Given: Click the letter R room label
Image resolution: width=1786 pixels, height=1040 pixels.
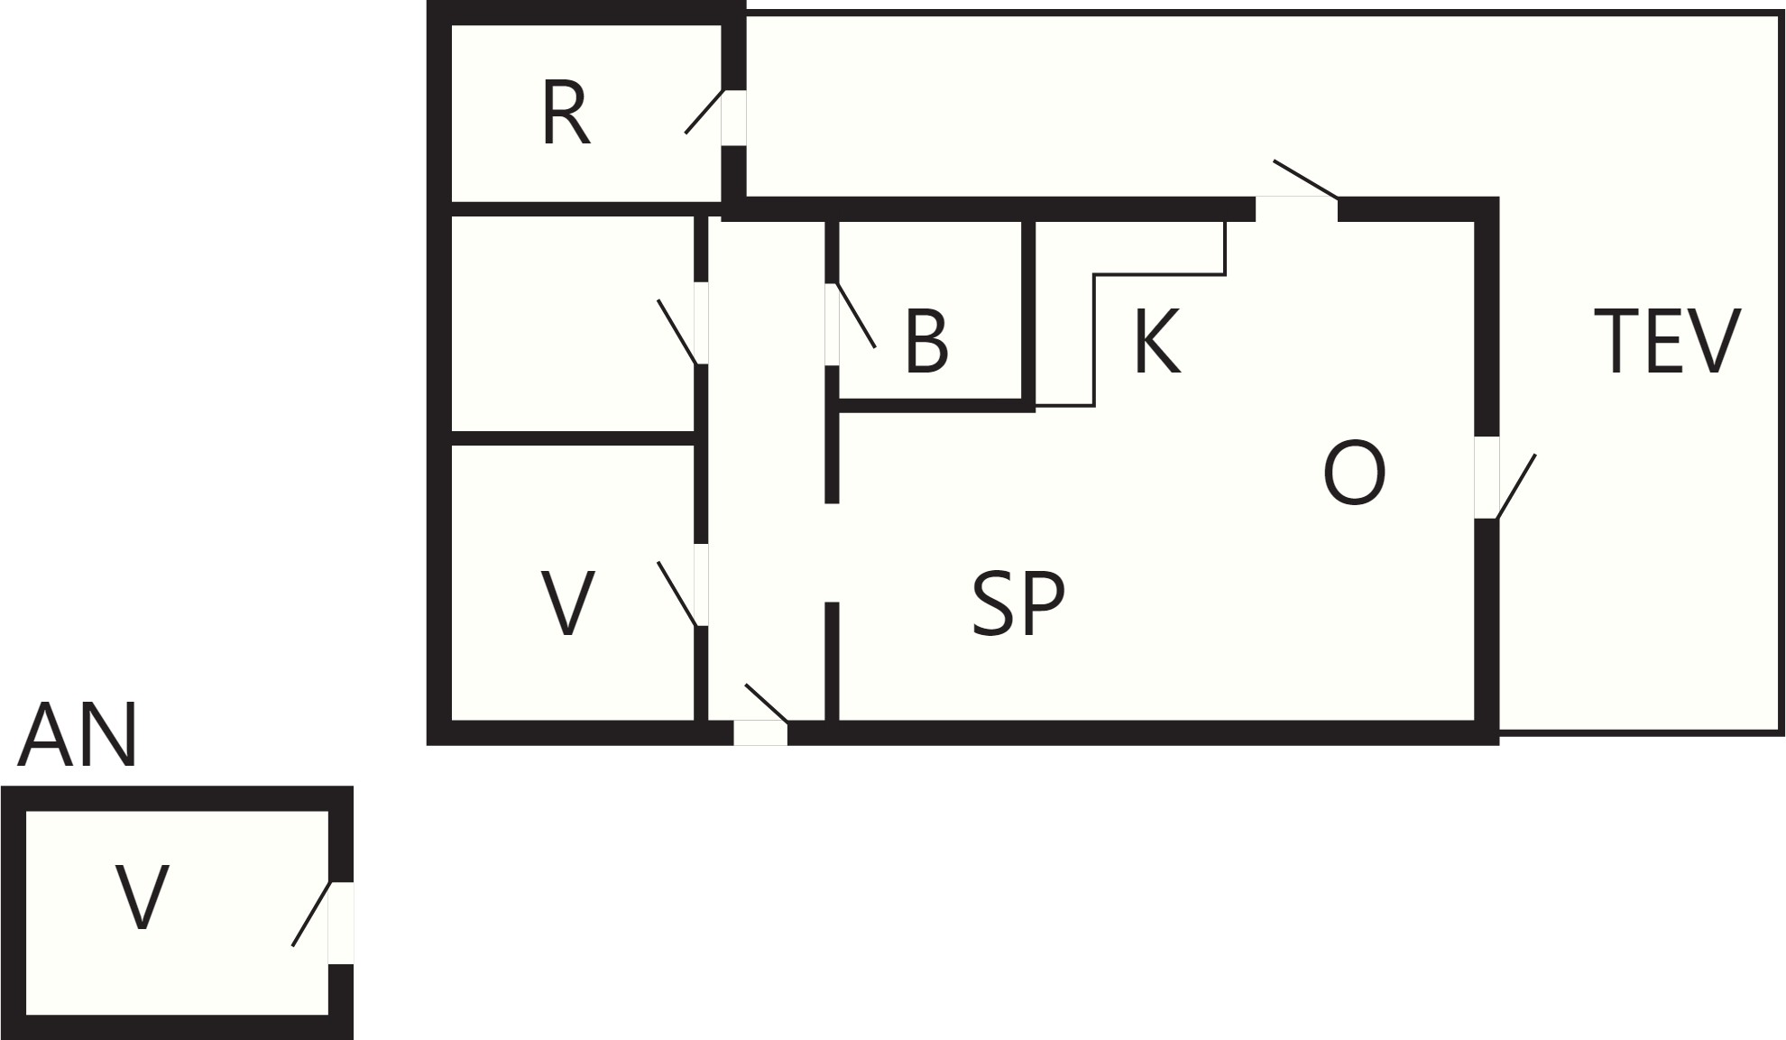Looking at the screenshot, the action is [x=566, y=114].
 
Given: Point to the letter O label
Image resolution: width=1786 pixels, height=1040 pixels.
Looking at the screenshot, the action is [x=1354, y=474].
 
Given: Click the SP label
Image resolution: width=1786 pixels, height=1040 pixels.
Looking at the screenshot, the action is [x=1018, y=603].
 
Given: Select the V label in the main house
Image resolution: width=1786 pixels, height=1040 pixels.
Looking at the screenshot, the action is [x=567, y=603].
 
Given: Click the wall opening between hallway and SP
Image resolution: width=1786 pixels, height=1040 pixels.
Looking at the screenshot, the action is [x=832, y=552].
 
